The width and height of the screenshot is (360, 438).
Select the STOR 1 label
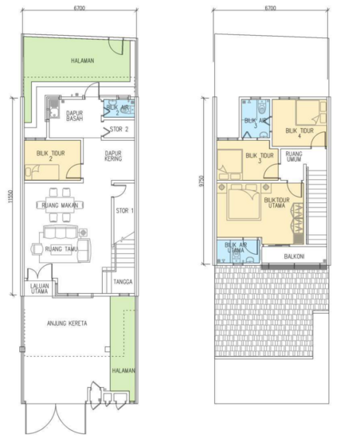coord(126,210)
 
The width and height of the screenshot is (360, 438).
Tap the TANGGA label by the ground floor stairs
coord(123,280)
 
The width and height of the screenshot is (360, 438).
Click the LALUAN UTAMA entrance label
coord(39,288)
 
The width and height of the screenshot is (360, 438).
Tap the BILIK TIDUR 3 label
coord(259,158)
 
